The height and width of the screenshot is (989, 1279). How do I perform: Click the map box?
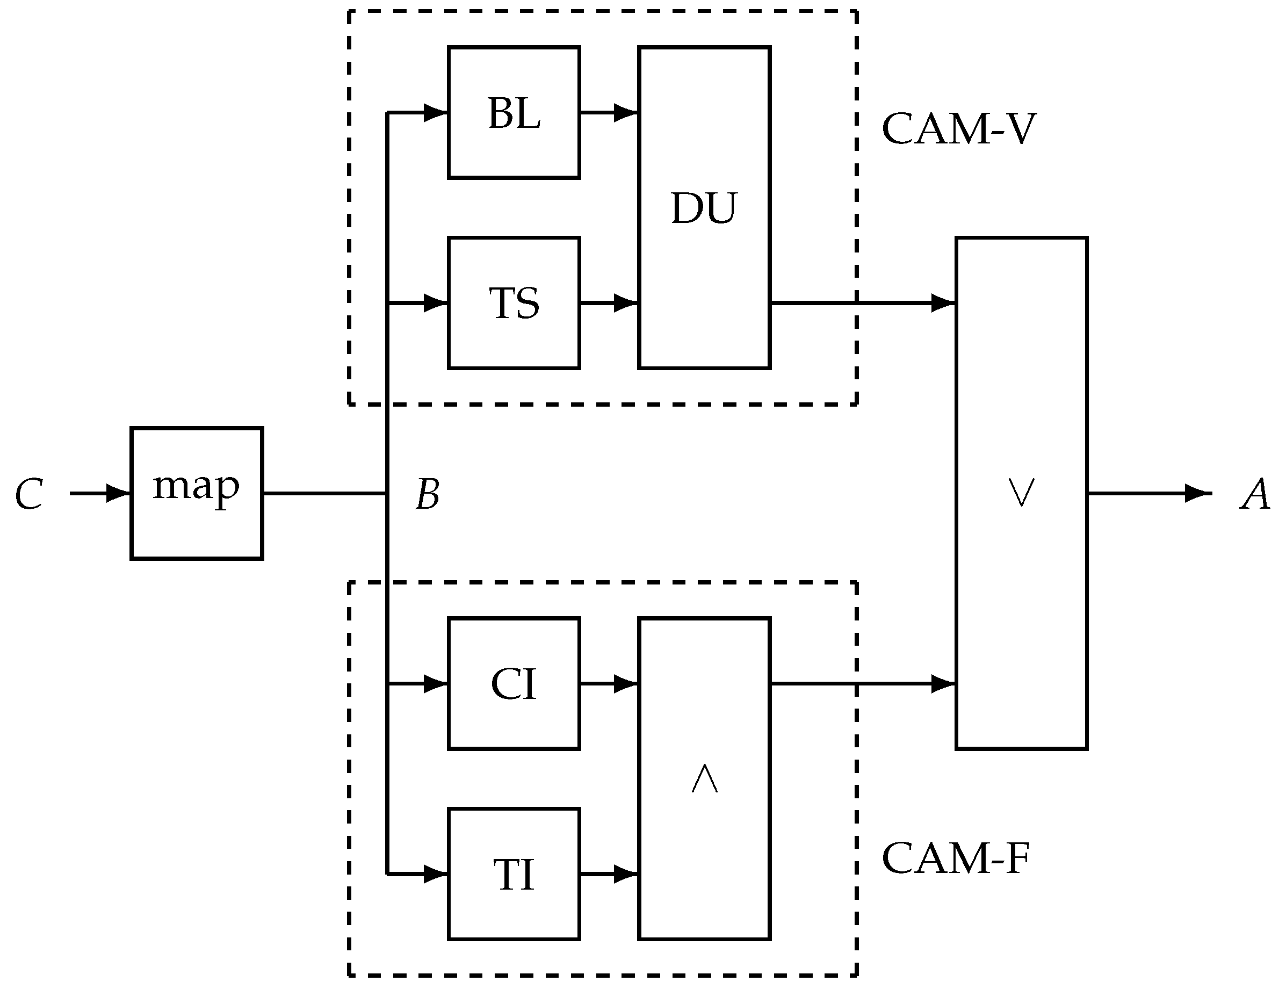pyautogui.click(x=196, y=493)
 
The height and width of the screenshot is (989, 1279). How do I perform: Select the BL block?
pyautogui.click(x=514, y=112)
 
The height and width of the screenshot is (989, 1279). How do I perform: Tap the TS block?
pyautogui.click(x=514, y=303)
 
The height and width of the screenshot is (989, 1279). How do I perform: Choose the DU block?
pyautogui.click(x=703, y=208)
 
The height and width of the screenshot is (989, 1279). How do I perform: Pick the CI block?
pyautogui.click(x=514, y=683)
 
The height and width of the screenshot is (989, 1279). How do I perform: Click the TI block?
pyautogui.click(x=514, y=874)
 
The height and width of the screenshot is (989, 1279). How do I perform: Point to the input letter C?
pyautogui.click(x=30, y=494)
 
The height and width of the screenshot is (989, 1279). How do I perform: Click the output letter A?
pyautogui.click(x=1254, y=494)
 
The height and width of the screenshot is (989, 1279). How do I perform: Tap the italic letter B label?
pyautogui.click(x=427, y=494)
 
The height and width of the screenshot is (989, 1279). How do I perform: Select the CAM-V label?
pyautogui.click(x=959, y=128)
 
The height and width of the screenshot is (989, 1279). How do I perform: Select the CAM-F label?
pyautogui.click(x=955, y=858)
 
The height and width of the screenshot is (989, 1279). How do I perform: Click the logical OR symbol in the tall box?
pyautogui.click(x=1021, y=492)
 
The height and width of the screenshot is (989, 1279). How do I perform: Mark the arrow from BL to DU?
pyautogui.click(x=609, y=112)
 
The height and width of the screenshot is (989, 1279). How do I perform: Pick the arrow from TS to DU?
pyautogui.click(x=609, y=303)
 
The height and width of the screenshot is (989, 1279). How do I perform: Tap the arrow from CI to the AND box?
pyautogui.click(x=609, y=683)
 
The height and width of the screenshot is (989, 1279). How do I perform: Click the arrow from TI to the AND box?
pyautogui.click(x=609, y=874)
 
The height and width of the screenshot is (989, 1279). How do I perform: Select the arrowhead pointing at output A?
pyautogui.click(x=1197, y=493)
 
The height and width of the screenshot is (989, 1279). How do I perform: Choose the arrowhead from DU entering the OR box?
pyautogui.click(x=943, y=303)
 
